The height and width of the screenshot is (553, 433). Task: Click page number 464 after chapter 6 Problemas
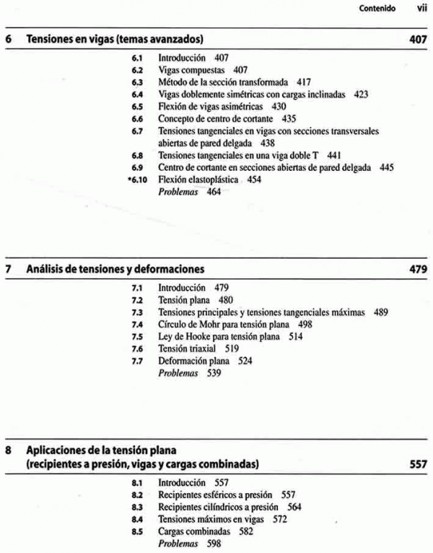click(211, 192)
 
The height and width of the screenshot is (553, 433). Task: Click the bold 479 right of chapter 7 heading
click(418, 270)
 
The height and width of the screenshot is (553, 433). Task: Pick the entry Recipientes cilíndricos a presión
click(219, 506)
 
